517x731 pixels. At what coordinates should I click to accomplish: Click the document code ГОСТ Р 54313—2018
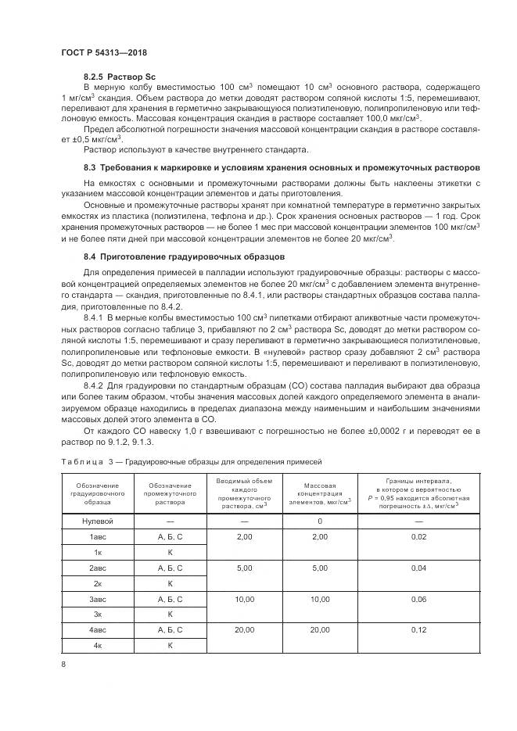pyautogui.click(x=104, y=52)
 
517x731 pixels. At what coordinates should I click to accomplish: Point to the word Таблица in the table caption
pyautogui.click(x=82, y=461)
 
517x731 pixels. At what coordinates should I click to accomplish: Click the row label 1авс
pyautogui.click(x=98, y=537)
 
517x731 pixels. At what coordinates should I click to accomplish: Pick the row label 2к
pyautogui.click(x=98, y=583)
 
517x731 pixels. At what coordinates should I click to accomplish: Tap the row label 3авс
pyautogui.click(x=98, y=599)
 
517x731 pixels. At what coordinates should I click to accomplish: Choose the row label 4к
pyautogui.click(x=98, y=645)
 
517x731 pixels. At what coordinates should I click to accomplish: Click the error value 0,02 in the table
pyautogui.click(x=419, y=537)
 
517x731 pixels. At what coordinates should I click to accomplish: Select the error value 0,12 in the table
pyautogui.click(x=419, y=629)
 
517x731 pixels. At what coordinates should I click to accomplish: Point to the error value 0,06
pyautogui.click(x=419, y=599)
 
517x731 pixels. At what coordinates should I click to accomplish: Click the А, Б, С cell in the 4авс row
pyautogui.click(x=170, y=629)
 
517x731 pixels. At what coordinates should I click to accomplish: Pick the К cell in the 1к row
pyautogui.click(x=170, y=553)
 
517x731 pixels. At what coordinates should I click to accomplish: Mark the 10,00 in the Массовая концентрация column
pyautogui.click(x=319, y=599)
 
